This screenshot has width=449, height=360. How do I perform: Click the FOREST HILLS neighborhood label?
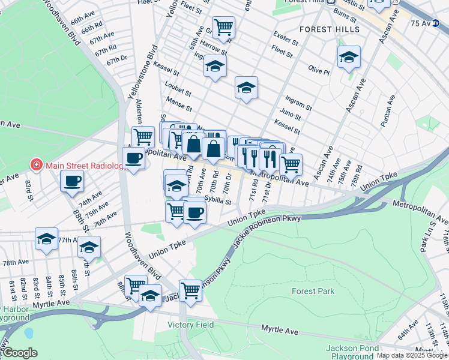[330, 29]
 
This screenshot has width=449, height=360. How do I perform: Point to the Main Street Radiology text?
[83, 164]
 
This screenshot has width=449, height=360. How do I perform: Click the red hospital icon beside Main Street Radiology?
[36, 164]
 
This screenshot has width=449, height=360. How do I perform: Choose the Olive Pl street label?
[319, 71]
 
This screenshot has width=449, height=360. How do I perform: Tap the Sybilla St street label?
[218, 202]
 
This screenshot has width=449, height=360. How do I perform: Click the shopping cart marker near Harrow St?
[223, 26]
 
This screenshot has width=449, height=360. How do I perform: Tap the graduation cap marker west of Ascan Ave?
[349, 58]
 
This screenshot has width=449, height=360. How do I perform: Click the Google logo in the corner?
[20, 353]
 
